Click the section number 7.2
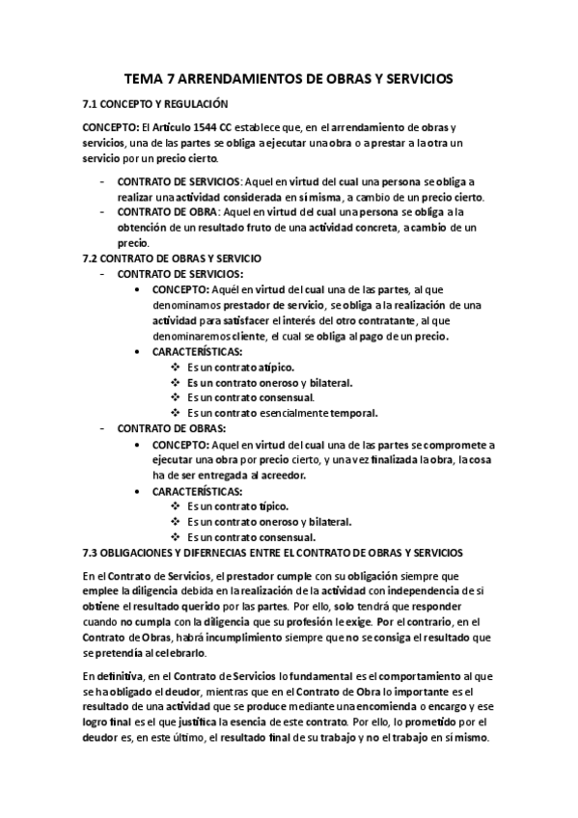tap(93, 259)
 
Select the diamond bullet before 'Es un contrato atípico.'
tap(175, 368)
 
